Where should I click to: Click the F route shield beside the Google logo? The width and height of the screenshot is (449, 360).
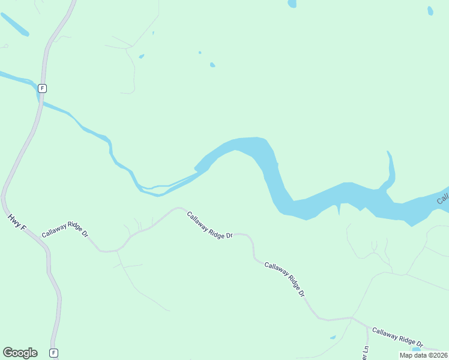click(x=54, y=353)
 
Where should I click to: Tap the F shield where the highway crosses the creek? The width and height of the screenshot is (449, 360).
click(x=41, y=88)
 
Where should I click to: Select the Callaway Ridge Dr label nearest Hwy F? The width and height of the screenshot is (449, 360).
click(x=65, y=232)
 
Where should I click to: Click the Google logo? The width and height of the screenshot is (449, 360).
click(x=20, y=353)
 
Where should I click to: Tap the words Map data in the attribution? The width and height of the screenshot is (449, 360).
click(x=414, y=355)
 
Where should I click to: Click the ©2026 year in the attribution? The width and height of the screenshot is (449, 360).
click(x=438, y=355)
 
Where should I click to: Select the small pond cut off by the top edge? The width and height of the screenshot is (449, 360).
click(x=292, y=4)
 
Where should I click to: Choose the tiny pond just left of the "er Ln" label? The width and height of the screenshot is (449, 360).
click(x=333, y=337)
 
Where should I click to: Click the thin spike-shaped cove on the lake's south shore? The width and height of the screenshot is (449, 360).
click(x=339, y=209)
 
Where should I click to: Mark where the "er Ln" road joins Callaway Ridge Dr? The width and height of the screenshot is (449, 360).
click(x=367, y=327)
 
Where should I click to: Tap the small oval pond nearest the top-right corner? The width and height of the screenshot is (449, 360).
click(x=430, y=10)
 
